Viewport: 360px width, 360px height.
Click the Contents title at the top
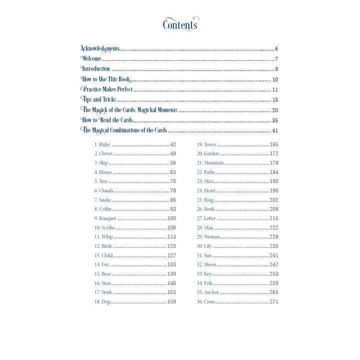point(180,24)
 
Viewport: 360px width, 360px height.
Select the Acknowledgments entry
point(100,49)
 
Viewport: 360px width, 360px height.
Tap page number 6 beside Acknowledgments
point(276,49)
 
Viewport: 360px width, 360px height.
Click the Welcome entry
point(91,59)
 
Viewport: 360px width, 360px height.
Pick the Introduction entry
point(95,69)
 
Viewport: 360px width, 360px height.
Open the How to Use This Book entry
point(105,79)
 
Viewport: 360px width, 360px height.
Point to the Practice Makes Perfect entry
point(107,89)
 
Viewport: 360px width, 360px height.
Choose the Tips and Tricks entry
point(98,100)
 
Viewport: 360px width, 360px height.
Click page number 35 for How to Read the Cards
point(274,120)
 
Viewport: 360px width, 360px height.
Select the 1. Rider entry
point(102,144)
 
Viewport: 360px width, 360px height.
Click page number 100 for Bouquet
point(171,218)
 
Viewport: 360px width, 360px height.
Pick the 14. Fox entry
point(101,264)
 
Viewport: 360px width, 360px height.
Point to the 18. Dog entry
point(102,301)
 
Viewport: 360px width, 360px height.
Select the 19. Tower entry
point(206,144)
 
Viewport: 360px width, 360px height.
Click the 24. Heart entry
point(206,190)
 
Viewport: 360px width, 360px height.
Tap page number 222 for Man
point(273,227)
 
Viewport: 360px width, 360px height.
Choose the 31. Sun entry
point(204,255)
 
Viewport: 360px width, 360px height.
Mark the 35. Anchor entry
point(207,292)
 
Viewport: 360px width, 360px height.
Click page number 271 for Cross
point(273,301)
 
